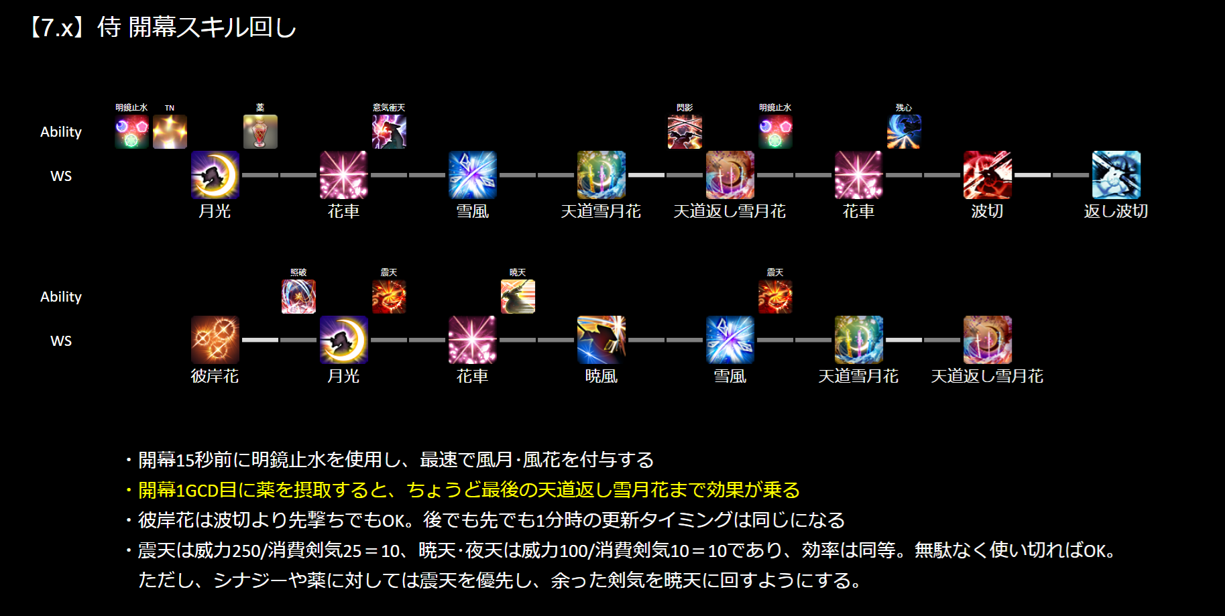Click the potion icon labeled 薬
point(260,131)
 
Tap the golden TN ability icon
point(170,131)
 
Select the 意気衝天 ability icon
point(389,131)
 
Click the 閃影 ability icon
point(685,131)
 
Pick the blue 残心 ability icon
point(904,131)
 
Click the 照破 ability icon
point(298,296)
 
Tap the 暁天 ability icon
point(518,296)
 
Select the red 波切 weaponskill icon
point(987,175)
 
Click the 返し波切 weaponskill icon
point(1116,175)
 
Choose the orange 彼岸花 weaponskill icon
point(215,340)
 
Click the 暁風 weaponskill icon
point(601,340)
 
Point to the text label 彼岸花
point(215,376)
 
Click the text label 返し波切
point(1116,211)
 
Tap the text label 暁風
point(601,376)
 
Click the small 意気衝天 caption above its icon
point(389,107)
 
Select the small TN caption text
point(170,108)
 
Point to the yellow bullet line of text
point(468,490)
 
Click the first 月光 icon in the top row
point(215,175)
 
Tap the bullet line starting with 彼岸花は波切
point(491,520)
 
